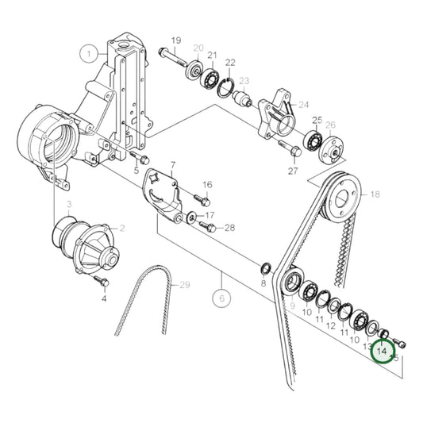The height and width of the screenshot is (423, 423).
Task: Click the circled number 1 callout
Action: (89, 54)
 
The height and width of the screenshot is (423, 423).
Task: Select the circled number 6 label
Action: (221, 298)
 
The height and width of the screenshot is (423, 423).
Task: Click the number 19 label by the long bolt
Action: (175, 40)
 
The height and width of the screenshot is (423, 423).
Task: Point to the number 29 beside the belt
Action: (185, 285)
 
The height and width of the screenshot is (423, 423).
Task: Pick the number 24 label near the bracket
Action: (302, 104)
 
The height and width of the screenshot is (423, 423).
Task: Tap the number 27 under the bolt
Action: (293, 171)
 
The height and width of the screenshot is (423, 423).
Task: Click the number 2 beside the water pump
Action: (122, 228)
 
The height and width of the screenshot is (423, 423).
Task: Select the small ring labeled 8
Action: (266, 267)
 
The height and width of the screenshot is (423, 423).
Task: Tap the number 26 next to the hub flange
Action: (330, 125)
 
